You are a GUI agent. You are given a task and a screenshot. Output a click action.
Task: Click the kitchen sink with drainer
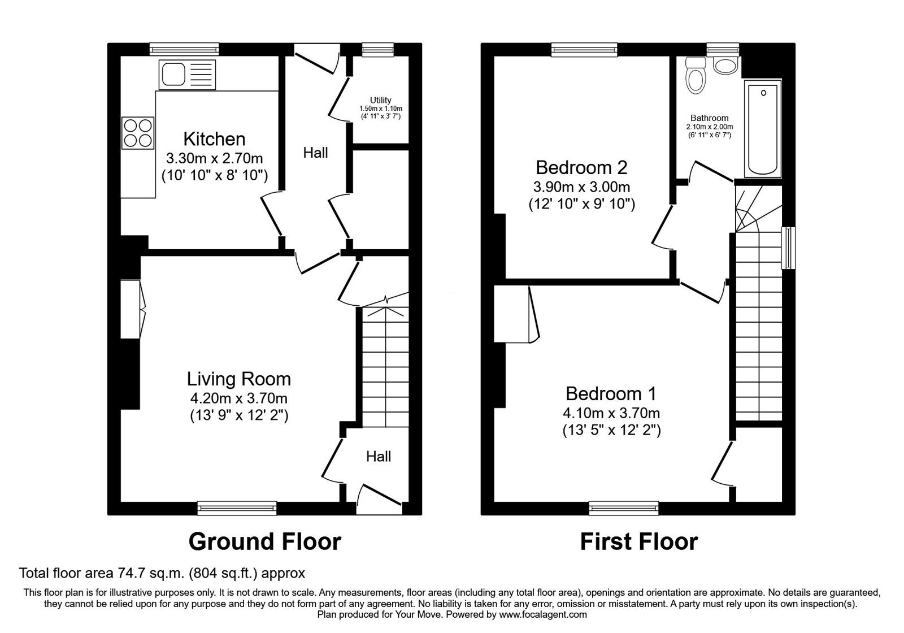pos(187,75)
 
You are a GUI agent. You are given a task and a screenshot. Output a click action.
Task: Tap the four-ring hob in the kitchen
pos(138,133)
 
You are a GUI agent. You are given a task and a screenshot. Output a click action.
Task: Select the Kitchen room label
pos(214,139)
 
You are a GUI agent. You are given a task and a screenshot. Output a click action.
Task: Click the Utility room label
pos(381,99)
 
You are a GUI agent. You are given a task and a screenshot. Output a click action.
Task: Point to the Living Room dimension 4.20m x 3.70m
pos(239,398)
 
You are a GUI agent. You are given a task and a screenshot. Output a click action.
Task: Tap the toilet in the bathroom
pos(696,75)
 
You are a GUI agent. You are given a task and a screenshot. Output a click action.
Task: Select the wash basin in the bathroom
pos(725,66)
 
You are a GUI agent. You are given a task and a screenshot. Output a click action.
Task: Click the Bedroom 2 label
pos(581,167)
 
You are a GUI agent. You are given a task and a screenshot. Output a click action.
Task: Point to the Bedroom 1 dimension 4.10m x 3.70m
pos(611,413)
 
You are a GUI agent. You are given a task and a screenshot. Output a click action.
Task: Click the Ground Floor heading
pos(265,541)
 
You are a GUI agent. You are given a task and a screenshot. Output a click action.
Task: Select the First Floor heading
pos(639,541)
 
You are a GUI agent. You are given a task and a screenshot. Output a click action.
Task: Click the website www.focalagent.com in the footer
pos(543,614)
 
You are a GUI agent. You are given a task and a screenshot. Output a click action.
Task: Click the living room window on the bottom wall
pos(237,508)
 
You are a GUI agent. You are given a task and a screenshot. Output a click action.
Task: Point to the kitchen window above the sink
pos(184,49)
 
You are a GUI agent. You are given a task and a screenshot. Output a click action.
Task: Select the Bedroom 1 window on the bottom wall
pos(624,508)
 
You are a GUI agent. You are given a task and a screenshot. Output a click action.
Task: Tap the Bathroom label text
pos(709,118)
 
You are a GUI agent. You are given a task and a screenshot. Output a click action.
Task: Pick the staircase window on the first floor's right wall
pos(788,248)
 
